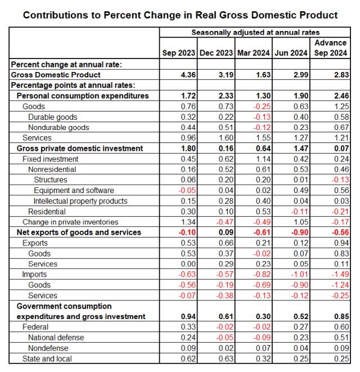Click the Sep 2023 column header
(x=178, y=53)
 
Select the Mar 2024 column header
(x=254, y=53)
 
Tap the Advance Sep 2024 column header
(x=331, y=48)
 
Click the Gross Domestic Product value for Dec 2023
(x=226, y=75)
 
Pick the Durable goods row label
(x=53, y=117)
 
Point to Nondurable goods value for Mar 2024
(x=262, y=127)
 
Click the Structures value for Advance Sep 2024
(x=340, y=180)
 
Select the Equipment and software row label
(x=74, y=190)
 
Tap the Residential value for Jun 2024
(x=300, y=212)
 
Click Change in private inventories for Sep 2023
(x=188, y=222)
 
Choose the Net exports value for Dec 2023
(x=226, y=232)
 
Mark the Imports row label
(x=34, y=274)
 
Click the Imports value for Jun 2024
(x=300, y=274)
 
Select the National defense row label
(x=56, y=337)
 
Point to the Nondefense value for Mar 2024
(x=263, y=348)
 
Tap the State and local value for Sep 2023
(x=188, y=358)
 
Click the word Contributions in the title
(x=55, y=15)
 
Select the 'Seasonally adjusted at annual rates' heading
(x=255, y=32)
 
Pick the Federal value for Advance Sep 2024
(x=341, y=327)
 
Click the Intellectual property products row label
(x=80, y=201)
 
